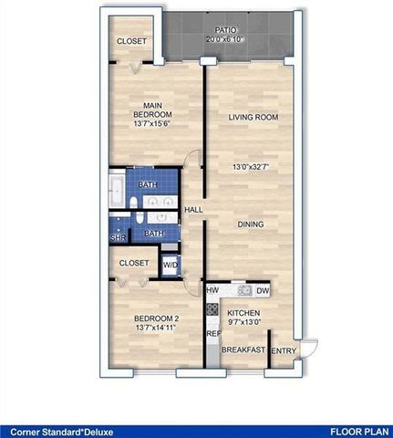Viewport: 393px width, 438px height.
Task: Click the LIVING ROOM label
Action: coord(253,118)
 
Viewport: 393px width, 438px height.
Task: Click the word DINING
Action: coord(251,224)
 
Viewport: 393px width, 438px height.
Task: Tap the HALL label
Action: coord(193,211)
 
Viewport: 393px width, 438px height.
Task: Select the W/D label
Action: coord(171,266)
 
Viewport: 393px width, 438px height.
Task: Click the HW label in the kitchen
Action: coord(212,291)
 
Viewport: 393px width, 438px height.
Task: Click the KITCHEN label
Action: coord(243,311)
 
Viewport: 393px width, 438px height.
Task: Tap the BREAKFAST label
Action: coord(243,350)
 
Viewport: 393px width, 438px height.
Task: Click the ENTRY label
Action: coord(284,350)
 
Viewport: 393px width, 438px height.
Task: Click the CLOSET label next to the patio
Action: coord(133,41)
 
